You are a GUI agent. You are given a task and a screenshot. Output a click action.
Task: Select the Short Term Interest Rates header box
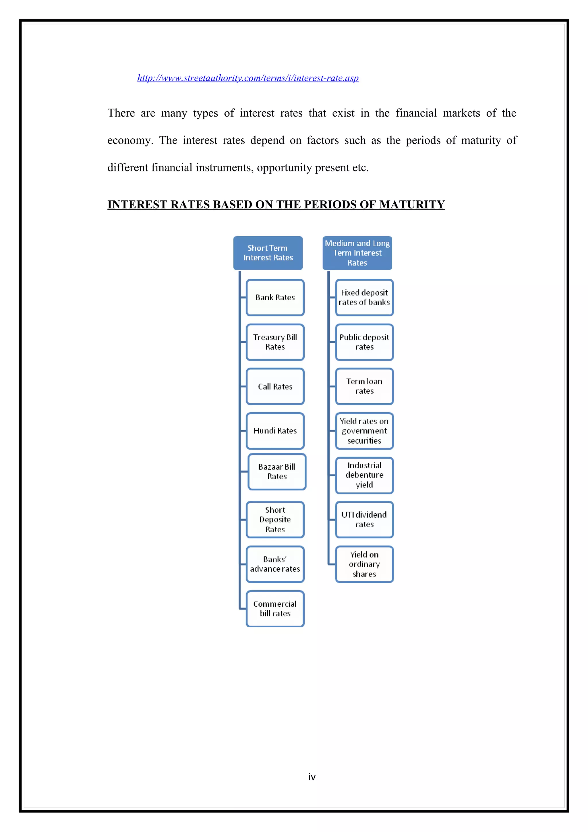coord(268,253)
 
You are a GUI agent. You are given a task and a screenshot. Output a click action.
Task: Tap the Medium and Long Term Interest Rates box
coord(357,253)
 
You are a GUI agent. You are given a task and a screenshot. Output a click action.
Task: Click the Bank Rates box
coord(275,297)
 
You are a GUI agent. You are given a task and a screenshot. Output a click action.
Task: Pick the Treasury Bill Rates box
coord(275,342)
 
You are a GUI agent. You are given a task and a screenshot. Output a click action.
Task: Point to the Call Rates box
coord(275,387)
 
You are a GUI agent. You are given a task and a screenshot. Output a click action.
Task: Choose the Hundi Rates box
coord(275,431)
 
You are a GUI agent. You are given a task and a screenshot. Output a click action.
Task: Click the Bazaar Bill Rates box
coord(277,472)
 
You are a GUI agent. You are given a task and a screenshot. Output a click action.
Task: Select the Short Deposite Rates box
coord(275,520)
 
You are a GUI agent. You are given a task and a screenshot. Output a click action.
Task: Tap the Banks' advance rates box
coord(275,564)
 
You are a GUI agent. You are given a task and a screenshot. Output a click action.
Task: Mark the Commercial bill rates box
coord(275,609)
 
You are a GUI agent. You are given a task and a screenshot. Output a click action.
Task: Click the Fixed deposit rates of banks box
coord(364,297)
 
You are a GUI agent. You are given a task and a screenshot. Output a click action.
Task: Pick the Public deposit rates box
coord(364,342)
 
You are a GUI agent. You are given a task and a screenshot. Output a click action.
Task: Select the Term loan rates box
coord(364,386)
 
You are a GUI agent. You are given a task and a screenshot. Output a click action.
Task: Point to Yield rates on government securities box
coord(364,431)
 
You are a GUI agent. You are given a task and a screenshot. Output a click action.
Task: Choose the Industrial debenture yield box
coord(364,475)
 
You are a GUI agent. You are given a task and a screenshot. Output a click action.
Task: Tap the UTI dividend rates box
coord(364,520)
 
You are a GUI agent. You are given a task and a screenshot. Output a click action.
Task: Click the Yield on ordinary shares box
coord(364,564)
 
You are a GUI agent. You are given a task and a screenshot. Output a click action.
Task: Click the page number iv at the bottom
coord(312,777)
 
